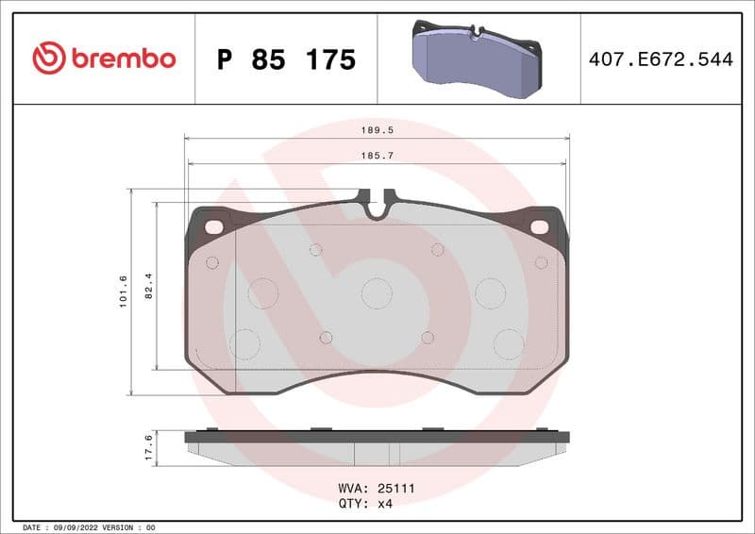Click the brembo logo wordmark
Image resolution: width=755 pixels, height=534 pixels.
122,58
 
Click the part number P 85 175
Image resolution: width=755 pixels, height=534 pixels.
286,59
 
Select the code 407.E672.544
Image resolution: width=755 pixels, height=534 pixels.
661,59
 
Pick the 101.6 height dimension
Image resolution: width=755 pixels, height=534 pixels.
124,291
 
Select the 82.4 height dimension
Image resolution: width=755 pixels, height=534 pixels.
149,285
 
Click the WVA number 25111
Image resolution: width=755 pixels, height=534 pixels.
396,489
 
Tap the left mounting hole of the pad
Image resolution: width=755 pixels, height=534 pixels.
213,226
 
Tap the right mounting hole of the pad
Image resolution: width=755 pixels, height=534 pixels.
540,226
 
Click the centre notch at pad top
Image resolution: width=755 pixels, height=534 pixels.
377,208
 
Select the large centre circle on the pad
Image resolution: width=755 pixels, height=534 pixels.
377,293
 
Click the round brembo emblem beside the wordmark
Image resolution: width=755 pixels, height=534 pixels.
49,58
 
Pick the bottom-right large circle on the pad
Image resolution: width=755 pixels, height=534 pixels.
509,343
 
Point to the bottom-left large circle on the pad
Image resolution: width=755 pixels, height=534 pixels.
244,343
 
